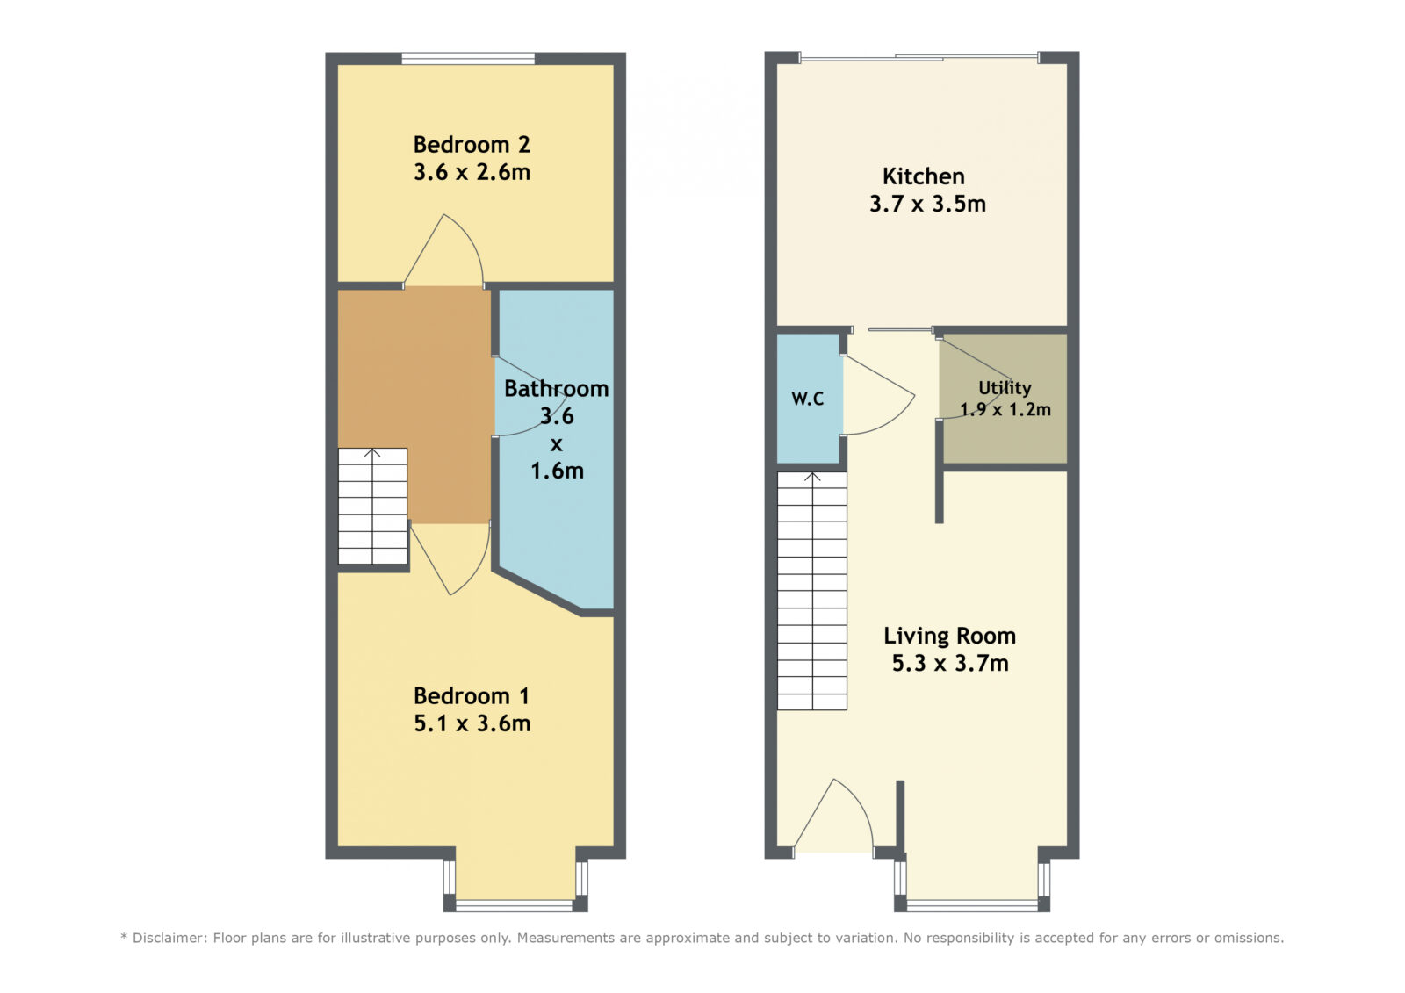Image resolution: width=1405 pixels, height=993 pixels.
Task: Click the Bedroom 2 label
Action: tap(472, 145)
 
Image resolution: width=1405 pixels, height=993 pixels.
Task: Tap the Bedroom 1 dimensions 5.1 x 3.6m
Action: tap(472, 723)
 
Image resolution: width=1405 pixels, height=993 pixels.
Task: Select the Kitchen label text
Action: tap(923, 176)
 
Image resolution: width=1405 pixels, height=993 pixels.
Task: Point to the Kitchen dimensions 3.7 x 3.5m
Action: tap(927, 204)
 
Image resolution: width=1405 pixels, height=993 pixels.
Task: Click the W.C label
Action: tap(808, 399)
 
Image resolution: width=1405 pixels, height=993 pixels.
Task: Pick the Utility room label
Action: tap(1005, 388)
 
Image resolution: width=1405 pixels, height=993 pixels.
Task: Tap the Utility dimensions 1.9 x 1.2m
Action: tap(1005, 410)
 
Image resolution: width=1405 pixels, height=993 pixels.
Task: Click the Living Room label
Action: tap(949, 636)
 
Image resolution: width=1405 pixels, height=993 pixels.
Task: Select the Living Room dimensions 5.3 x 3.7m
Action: tap(950, 663)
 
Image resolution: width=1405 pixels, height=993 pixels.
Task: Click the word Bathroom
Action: tap(557, 389)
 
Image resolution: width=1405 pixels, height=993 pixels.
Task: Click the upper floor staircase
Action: tap(372, 507)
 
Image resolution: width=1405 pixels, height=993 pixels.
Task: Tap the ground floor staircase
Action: tap(812, 591)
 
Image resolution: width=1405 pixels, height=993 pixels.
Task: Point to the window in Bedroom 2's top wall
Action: tap(468, 59)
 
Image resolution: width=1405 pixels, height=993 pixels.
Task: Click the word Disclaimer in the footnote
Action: tap(168, 938)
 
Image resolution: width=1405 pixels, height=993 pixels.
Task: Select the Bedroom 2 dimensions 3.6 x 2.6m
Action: tap(472, 172)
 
